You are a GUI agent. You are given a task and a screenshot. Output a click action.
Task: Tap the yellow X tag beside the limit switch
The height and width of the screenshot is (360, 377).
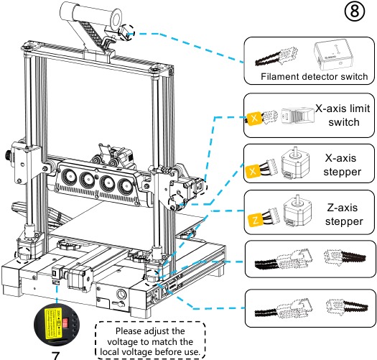point(253,116)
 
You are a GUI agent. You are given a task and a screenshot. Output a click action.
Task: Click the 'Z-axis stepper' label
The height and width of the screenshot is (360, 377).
point(342,213)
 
